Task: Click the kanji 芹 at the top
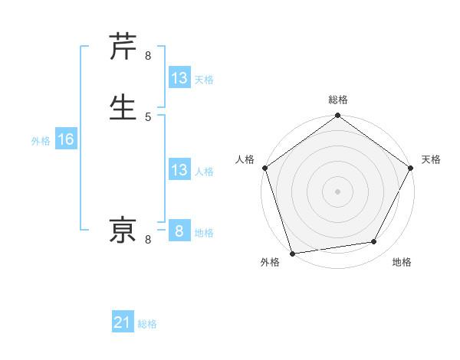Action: point(123,47)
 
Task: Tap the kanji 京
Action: point(123,231)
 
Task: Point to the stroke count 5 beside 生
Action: point(148,116)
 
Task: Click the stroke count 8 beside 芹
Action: point(148,56)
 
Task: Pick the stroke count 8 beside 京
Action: point(148,240)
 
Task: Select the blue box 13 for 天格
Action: point(179,78)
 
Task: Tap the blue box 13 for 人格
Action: point(179,170)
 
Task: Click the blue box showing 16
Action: point(65,139)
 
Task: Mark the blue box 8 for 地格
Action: point(179,231)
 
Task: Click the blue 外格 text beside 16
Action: point(41,141)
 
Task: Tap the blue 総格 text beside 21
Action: point(147,324)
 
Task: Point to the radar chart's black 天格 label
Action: point(431,159)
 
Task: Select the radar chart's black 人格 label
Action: point(245,159)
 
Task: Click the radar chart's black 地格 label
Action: point(402,262)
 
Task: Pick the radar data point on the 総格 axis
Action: point(337,116)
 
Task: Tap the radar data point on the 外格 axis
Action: point(291,253)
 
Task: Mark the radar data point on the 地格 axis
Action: point(374,242)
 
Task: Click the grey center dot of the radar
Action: point(337,191)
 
